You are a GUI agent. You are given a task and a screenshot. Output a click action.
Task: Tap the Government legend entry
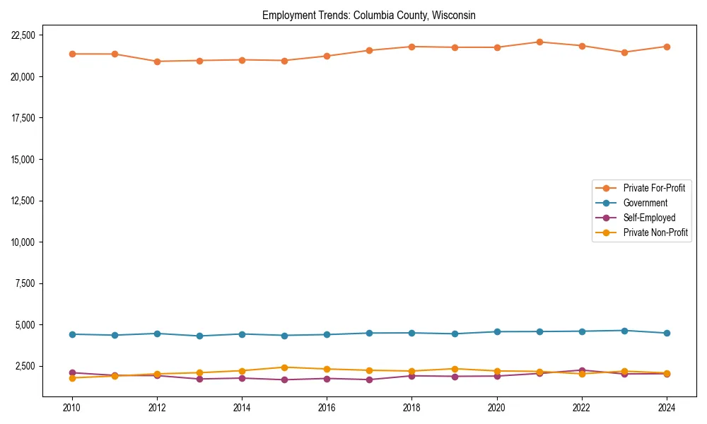tap(645, 203)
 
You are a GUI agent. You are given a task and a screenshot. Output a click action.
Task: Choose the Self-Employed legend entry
tap(649, 218)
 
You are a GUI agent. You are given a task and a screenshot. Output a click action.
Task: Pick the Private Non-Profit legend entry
tap(655, 232)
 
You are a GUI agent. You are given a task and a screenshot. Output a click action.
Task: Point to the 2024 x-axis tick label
tap(666, 408)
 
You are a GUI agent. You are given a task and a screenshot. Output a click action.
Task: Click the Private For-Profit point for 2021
tap(539, 42)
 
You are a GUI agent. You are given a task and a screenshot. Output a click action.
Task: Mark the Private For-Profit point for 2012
tap(157, 61)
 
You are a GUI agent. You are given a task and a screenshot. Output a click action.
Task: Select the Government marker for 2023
tap(624, 331)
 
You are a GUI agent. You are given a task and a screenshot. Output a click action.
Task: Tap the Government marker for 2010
tap(72, 334)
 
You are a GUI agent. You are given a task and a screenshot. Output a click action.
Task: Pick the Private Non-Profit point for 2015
tap(284, 367)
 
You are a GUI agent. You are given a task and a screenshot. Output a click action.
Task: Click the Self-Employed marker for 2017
tap(369, 379)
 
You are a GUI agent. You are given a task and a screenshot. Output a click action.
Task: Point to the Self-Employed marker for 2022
tap(581, 370)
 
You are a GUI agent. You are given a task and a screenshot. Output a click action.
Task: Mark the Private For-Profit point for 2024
tap(666, 47)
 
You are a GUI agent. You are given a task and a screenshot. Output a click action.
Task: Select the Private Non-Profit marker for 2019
tap(454, 369)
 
